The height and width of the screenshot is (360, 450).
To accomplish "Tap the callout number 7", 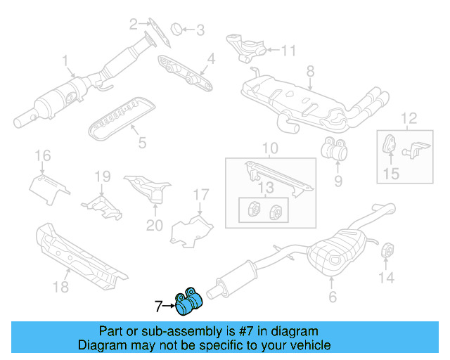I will [159, 306].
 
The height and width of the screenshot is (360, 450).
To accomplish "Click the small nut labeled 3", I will [179, 29].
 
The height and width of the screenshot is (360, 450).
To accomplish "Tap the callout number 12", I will [409, 117].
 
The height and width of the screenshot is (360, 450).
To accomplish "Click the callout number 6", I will [332, 297].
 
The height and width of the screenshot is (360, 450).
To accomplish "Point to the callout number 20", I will [154, 226].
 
